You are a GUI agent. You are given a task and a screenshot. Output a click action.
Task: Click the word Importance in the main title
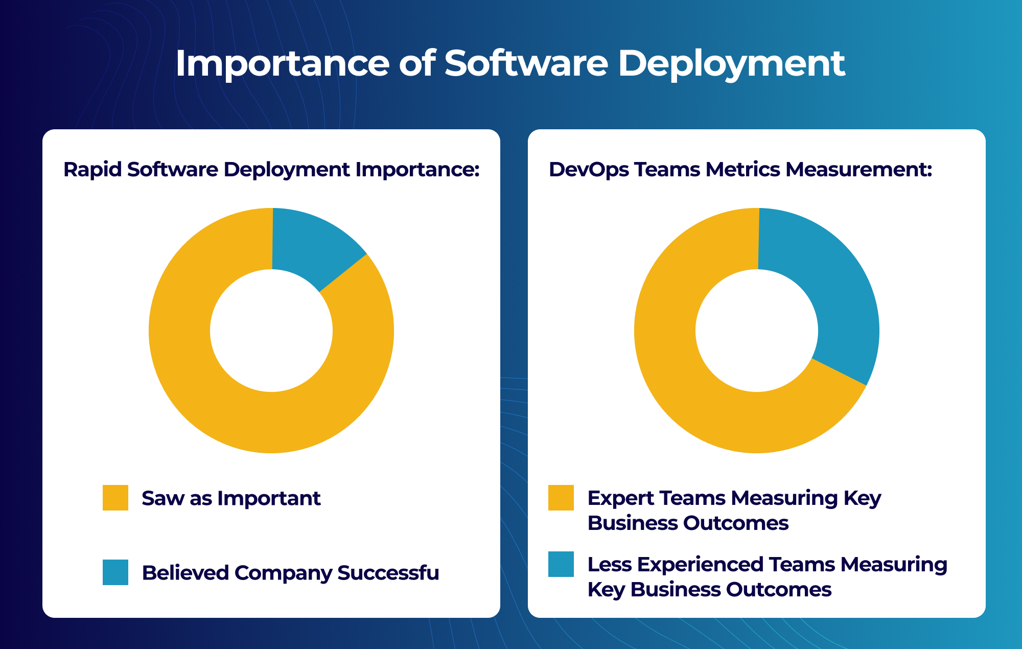[x=283, y=64]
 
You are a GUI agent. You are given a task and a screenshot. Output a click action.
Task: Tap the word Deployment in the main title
[x=731, y=64]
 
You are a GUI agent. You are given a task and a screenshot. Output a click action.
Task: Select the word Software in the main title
[x=526, y=64]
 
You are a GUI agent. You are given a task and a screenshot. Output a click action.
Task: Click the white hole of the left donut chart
[x=271, y=331]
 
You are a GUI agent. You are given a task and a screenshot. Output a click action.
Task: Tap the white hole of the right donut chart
[x=757, y=331]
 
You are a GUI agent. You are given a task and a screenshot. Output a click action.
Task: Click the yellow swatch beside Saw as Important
[x=115, y=498]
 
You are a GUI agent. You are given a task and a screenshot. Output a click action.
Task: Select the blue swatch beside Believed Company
[x=115, y=572]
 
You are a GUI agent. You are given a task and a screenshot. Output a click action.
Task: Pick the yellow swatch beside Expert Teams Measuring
[x=561, y=498]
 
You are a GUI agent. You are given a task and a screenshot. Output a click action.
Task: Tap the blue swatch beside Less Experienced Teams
[x=561, y=564]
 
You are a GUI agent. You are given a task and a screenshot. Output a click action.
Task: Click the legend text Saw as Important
[x=231, y=498]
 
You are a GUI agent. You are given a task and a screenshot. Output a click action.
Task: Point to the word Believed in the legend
[x=185, y=573]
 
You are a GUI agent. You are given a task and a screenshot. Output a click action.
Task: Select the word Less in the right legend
[x=609, y=565]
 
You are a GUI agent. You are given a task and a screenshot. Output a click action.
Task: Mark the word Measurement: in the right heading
[x=858, y=170]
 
